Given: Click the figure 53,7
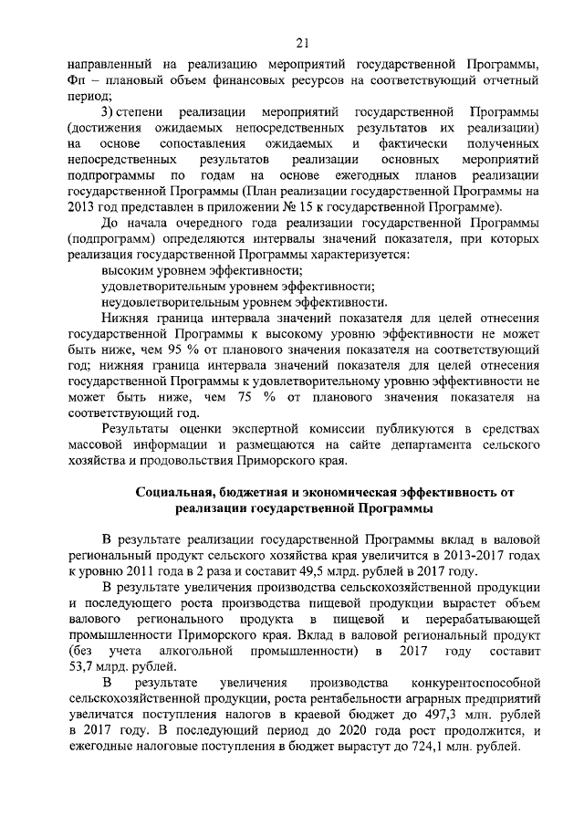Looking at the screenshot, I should (83, 667).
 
